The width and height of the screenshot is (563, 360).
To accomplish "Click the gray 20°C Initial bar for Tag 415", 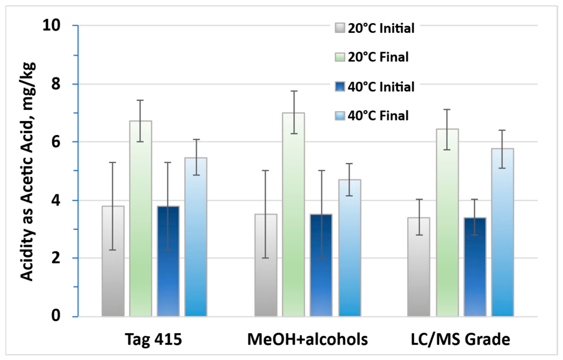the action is point(113,261).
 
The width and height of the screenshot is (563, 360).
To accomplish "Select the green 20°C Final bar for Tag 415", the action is point(141,218).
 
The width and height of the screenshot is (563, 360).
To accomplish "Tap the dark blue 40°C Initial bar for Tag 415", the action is point(168,261).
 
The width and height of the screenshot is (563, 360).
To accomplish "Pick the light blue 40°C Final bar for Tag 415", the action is point(196,237).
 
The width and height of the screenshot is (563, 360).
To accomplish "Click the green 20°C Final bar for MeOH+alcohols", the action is point(293,215).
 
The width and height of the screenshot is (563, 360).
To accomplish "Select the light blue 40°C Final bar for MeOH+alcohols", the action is point(350,248).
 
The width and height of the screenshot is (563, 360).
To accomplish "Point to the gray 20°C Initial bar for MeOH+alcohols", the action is point(266,265).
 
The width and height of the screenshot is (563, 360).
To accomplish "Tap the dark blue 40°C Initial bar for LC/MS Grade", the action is point(475,267).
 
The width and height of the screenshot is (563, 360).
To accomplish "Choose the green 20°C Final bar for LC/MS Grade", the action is point(447,223).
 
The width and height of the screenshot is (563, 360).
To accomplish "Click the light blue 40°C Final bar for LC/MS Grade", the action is point(503,232).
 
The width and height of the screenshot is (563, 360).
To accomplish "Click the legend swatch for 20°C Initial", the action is point(340,28).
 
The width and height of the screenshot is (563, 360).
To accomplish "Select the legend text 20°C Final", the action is point(378,57).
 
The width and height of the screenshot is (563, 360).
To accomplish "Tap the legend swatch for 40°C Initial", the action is point(340,87).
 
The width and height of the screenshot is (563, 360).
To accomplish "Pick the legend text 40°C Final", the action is point(378,116).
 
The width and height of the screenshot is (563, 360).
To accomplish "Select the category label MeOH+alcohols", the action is point(308,339).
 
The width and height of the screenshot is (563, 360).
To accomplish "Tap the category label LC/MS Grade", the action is point(460,339).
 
